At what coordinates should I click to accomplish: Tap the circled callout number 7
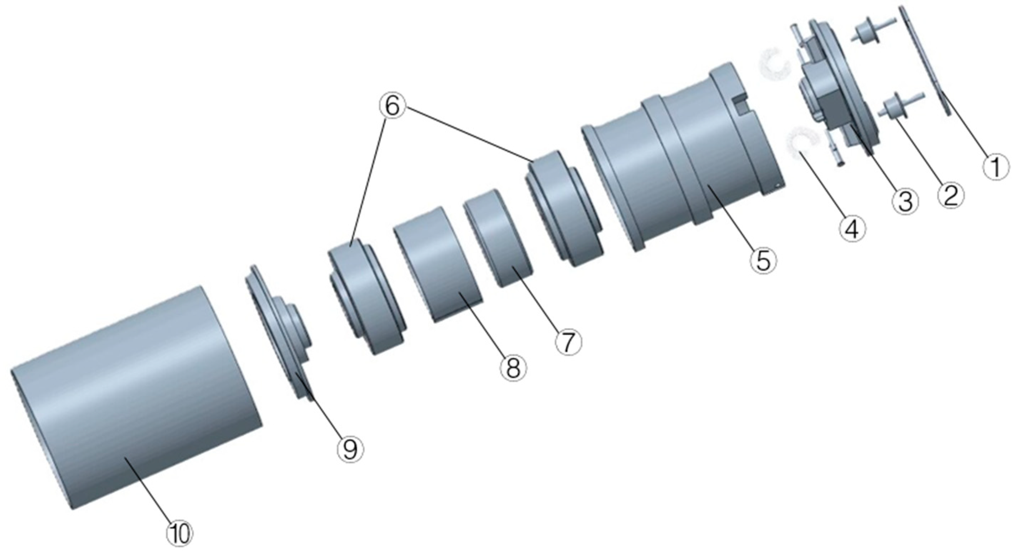(568, 342)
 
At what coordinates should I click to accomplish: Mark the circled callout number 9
(350, 449)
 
